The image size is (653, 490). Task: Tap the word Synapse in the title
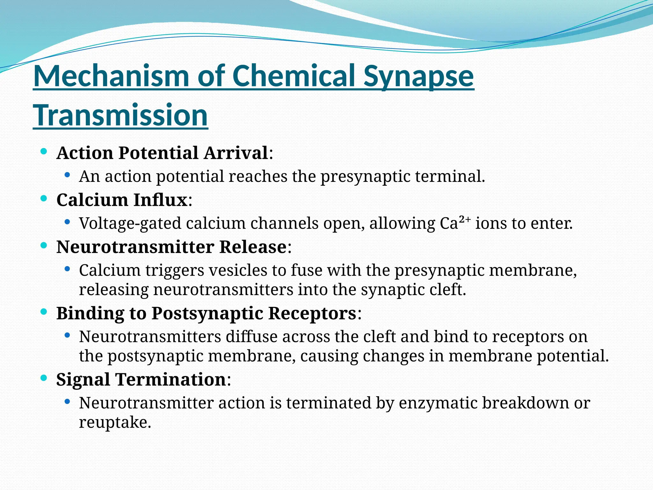point(418,76)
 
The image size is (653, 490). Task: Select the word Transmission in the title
point(121,115)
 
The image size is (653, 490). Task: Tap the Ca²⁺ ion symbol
point(455,223)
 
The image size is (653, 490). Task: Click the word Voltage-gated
point(130,223)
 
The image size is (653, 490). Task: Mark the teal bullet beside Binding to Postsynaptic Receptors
point(44,312)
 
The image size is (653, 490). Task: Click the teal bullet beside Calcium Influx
point(44,199)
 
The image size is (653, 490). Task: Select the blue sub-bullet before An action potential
point(67,175)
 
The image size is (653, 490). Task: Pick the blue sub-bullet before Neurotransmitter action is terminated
point(67,401)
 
